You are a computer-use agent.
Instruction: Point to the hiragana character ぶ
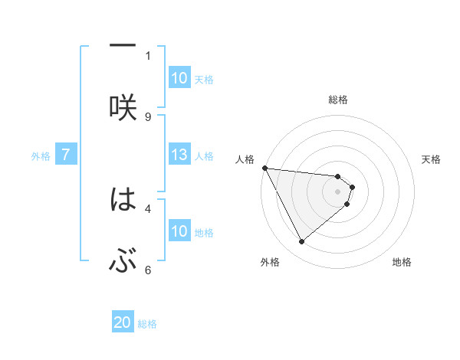123,263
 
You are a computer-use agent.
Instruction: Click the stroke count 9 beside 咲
148,116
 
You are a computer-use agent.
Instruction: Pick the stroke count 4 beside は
148,208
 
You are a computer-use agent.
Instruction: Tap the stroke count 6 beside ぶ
148,270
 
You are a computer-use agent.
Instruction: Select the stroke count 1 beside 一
148,55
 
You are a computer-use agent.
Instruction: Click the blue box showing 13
179,155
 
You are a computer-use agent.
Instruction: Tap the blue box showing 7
66,155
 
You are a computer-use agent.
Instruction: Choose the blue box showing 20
123,322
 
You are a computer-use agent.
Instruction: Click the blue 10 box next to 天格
179,78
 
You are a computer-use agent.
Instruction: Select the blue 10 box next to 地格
179,231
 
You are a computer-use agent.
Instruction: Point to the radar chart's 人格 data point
264,168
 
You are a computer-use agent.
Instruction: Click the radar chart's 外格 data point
301,241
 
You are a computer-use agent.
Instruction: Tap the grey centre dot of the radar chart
337,191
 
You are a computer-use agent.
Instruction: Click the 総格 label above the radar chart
338,100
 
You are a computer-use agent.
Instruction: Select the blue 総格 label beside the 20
148,324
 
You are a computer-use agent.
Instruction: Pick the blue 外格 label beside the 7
41,155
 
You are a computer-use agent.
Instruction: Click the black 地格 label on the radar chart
402,262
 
